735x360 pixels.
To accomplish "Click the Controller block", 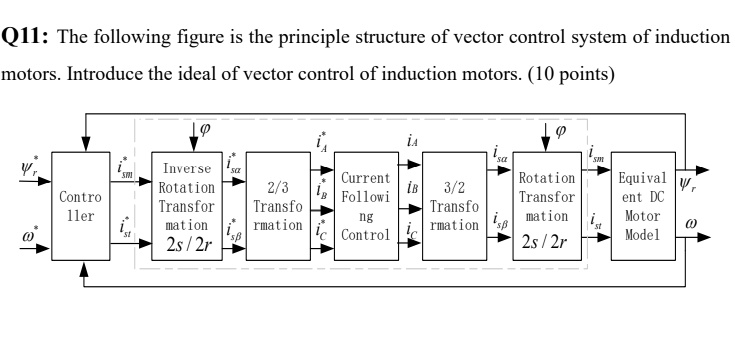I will pos(82,206).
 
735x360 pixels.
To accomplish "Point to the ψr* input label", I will pos(30,166).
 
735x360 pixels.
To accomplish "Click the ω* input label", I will pos(30,243).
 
